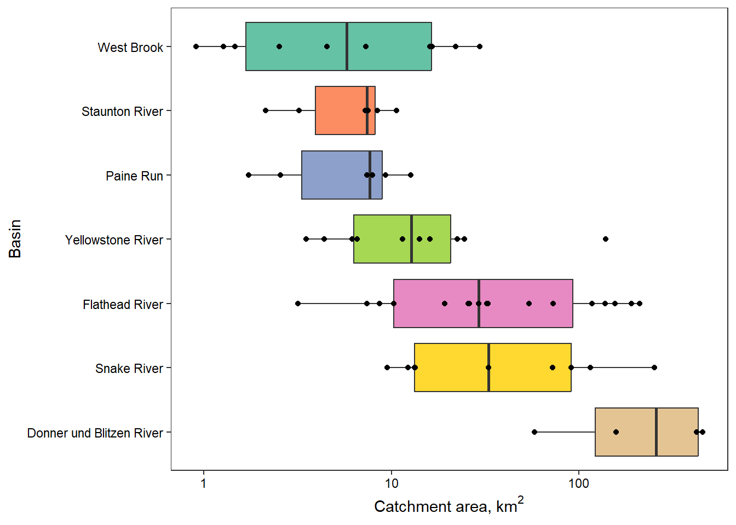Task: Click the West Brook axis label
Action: click(130, 48)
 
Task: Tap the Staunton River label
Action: click(122, 112)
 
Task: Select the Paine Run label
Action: click(134, 176)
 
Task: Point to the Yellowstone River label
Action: click(114, 240)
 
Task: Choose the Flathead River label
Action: click(123, 305)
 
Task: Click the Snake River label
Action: click(129, 369)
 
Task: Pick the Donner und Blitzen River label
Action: click(95, 433)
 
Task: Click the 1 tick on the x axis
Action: click(204, 483)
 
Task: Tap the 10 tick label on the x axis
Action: click(391, 483)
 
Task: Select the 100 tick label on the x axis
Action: click(578, 483)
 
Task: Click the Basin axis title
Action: click(15, 238)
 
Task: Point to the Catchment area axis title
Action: click(449, 506)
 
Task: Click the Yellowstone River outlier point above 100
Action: click(606, 239)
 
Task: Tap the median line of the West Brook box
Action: click(347, 46)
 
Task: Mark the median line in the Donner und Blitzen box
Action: click(656, 432)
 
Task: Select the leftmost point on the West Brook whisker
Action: click(196, 46)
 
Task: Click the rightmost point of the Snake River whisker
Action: click(654, 367)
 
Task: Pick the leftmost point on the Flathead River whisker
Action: click(298, 304)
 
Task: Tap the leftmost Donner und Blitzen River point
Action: click(534, 432)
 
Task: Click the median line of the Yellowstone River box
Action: click(411, 239)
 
